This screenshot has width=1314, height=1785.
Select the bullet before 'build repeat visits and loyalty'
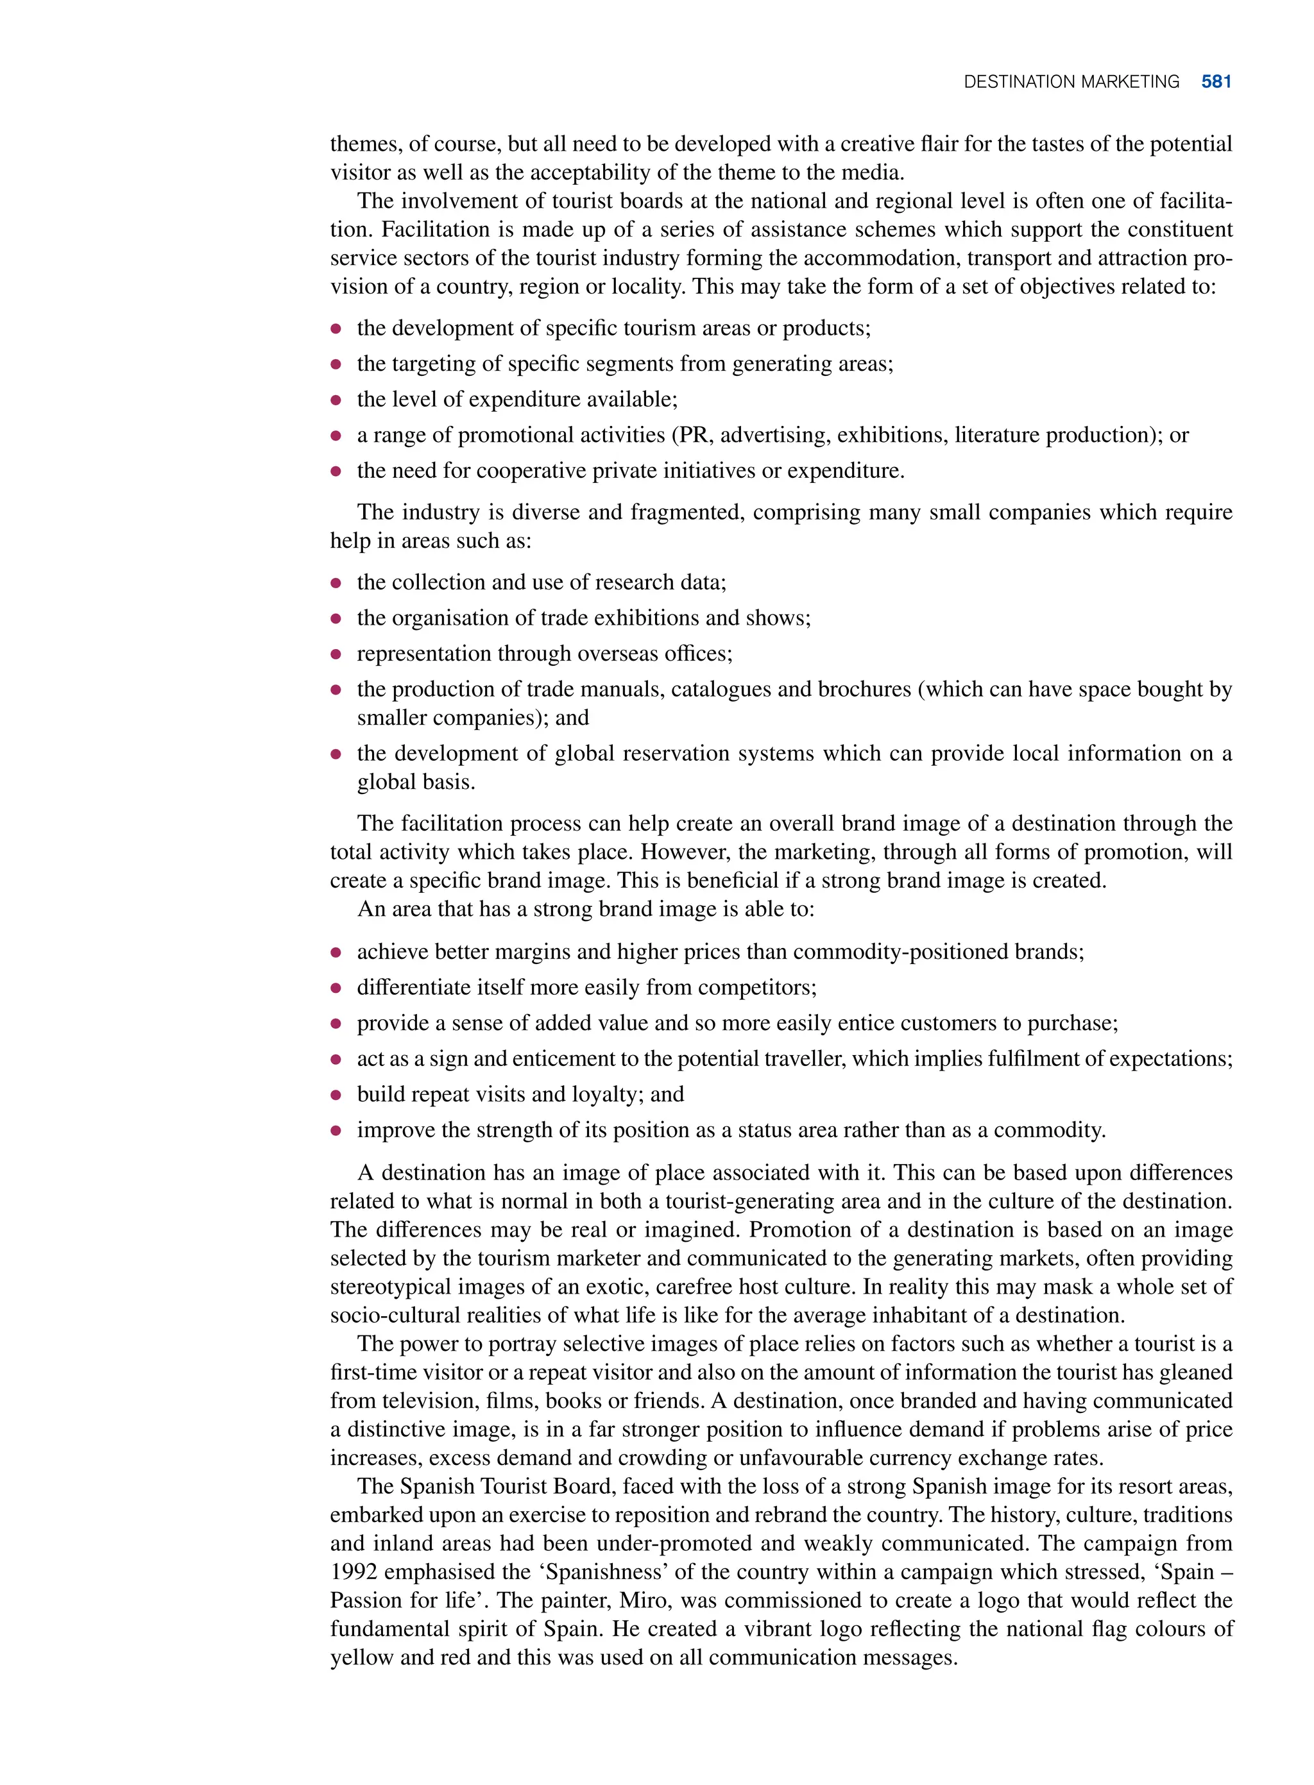[x=336, y=1095]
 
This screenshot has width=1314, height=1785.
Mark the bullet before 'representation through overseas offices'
[x=336, y=654]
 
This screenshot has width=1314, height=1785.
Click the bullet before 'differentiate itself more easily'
[x=336, y=988]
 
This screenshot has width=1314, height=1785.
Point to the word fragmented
[x=687, y=512]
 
